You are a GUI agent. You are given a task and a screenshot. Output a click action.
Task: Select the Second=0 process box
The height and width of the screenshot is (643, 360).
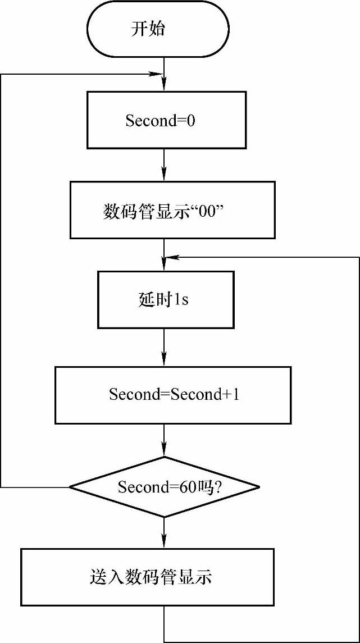166,120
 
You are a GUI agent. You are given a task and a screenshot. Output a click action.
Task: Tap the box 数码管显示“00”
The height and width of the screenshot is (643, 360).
172,209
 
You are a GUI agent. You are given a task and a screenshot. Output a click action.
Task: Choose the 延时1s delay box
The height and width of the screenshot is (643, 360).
166,300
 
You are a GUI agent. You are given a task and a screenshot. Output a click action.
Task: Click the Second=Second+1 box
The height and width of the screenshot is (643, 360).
172,395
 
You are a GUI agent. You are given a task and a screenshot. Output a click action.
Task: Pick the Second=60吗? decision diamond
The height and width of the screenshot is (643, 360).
165,487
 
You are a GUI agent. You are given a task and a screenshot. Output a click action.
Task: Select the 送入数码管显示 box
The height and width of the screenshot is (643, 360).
148,577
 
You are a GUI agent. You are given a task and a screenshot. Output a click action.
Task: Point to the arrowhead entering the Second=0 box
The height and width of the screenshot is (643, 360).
164,86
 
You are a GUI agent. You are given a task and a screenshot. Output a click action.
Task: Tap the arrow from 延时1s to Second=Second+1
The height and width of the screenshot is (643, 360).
164,348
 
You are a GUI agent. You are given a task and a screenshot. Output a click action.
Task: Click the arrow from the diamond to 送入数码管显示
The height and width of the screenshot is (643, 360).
164,533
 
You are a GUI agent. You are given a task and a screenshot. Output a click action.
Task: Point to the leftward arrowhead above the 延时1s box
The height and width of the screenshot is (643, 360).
174,257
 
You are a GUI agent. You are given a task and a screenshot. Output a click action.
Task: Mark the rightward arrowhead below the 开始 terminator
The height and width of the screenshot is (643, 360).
155,74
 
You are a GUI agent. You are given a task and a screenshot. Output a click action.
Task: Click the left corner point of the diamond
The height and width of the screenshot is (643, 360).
70,487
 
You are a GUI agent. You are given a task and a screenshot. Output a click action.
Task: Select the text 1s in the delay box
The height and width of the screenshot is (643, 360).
181,300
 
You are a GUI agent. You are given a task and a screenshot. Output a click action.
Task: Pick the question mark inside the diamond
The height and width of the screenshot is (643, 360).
216,487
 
